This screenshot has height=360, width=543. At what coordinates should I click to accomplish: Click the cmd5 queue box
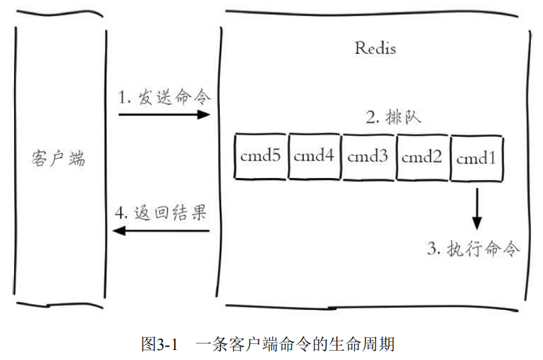coord(261,157)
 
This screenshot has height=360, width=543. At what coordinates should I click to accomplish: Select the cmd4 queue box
coord(314,157)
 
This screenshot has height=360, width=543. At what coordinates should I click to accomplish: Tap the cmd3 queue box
coord(368,157)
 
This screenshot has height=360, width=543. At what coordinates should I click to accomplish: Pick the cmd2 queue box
coord(422,157)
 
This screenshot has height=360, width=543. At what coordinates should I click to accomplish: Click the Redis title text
coord(375,49)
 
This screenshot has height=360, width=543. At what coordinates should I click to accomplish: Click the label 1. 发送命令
coord(164,97)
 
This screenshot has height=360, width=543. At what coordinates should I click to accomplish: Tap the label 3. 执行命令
coord(473,249)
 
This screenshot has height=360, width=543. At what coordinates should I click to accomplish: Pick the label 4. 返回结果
coord(161,214)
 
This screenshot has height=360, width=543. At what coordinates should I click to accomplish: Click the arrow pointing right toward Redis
coord(164,115)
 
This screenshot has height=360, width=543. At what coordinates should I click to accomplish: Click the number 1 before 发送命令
coord(122,98)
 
